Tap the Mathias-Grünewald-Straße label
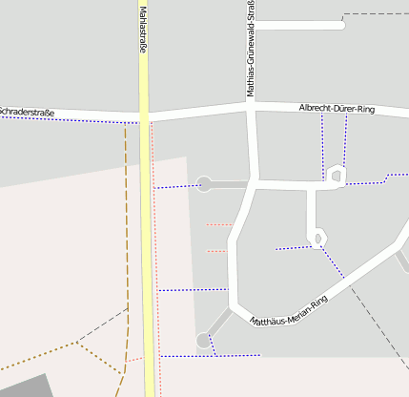(x=251, y=50)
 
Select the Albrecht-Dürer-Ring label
(x=337, y=110)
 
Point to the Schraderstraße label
(x=27, y=113)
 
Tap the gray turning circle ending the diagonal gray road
(x=202, y=340)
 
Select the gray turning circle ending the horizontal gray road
(x=203, y=184)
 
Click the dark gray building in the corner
(x=24, y=387)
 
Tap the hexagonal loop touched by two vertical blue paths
(x=335, y=176)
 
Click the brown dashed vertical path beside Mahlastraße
(x=126, y=239)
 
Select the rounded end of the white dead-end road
(x=340, y=25)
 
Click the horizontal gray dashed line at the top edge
(x=376, y=14)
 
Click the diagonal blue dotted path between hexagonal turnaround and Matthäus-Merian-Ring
(x=333, y=261)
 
